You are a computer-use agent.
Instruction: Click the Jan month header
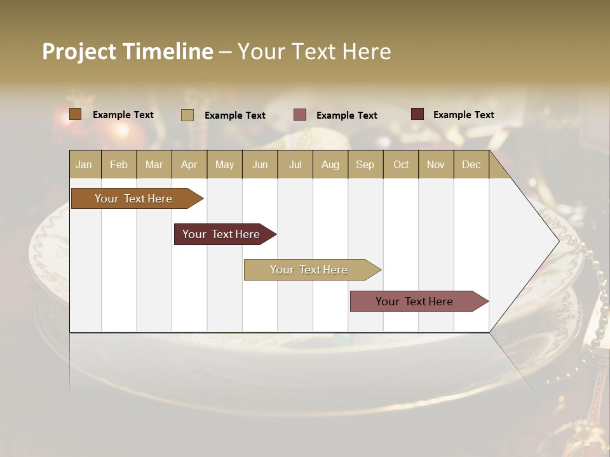click(84, 164)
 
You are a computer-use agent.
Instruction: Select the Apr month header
click(189, 164)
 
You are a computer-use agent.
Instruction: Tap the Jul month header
click(295, 164)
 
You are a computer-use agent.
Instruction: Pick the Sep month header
click(365, 164)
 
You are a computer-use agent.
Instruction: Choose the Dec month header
click(471, 164)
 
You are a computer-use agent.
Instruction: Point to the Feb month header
click(119, 164)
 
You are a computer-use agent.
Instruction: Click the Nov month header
click(435, 164)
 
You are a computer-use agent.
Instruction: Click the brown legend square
click(76, 114)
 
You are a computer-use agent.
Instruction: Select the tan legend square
click(187, 115)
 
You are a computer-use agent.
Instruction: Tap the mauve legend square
click(300, 115)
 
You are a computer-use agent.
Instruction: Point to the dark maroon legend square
click(417, 114)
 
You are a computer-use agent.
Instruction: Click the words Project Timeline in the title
click(127, 51)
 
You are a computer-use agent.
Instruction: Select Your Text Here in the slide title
click(314, 51)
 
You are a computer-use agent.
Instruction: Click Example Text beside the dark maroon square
click(463, 114)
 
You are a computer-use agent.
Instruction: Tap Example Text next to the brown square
click(123, 114)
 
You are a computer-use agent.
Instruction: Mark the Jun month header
click(260, 164)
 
